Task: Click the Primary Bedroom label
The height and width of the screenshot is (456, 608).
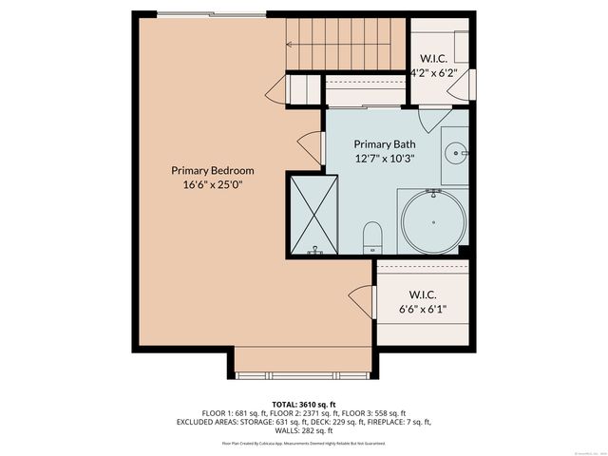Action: (x=213, y=170)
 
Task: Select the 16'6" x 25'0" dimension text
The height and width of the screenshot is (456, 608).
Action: (x=213, y=185)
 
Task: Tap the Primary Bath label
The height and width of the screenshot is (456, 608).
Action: (x=385, y=143)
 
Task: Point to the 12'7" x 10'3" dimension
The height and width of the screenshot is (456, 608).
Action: (x=385, y=159)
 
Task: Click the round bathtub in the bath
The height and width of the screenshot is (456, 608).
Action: (x=434, y=221)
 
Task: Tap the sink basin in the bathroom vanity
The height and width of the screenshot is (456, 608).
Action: (x=457, y=151)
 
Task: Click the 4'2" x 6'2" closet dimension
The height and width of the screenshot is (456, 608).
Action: (x=440, y=71)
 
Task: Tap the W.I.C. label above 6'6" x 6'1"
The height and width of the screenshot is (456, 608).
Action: (x=422, y=294)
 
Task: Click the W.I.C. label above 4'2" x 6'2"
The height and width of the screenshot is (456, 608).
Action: (x=440, y=56)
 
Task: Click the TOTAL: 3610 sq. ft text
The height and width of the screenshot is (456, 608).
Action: (x=304, y=405)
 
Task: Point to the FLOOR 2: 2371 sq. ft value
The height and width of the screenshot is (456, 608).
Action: (x=305, y=415)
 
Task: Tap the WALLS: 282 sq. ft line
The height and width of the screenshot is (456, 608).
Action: (x=304, y=432)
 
